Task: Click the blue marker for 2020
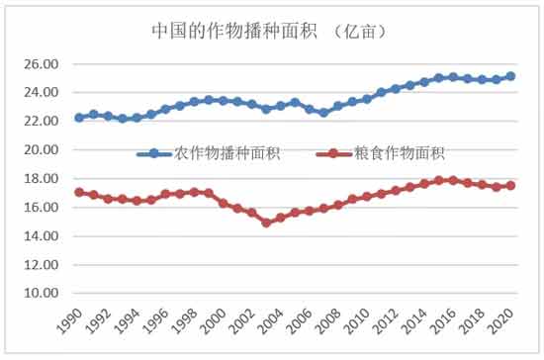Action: click(510, 76)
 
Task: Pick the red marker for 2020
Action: click(510, 185)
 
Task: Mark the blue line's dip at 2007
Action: click(323, 113)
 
